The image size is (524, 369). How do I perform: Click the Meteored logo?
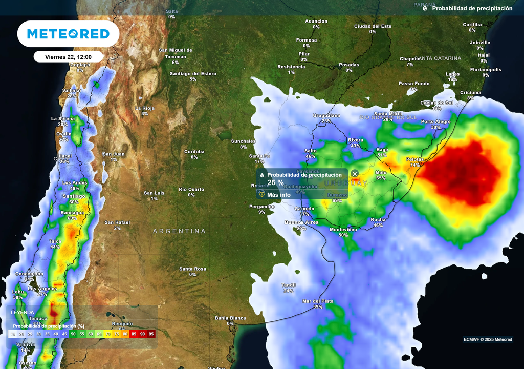click(68, 34)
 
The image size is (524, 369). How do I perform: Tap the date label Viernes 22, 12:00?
click(68, 57)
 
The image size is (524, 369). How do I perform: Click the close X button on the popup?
click(355, 174)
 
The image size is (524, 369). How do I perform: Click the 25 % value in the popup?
click(275, 182)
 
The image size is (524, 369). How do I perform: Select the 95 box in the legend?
click(151, 334)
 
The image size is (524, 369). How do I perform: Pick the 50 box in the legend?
click(73, 334)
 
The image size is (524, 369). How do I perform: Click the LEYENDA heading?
click(23, 312)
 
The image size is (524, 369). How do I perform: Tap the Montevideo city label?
click(343, 229)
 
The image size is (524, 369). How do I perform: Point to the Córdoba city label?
click(194, 152)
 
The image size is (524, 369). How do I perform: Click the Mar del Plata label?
click(317, 301)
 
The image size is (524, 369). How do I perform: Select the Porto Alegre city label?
click(435, 121)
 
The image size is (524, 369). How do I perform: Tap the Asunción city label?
click(316, 21)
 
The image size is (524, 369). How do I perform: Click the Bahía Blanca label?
click(230, 318)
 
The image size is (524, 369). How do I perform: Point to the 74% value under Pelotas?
click(414, 165)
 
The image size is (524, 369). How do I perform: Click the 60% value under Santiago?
click(74, 202)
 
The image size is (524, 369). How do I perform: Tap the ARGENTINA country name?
click(179, 231)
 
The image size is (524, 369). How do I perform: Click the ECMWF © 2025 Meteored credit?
click(488, 339)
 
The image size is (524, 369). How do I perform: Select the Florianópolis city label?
click(486, 70)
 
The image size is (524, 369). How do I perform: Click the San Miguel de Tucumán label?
click(175, 53)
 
